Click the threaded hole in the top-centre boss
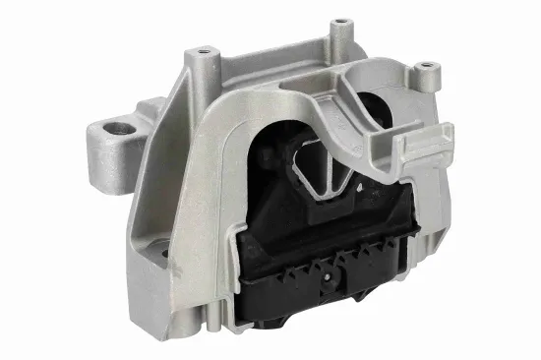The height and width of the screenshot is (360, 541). click(339, 21)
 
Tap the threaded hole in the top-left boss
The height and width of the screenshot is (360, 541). click(204, 50)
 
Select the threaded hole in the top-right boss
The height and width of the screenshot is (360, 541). click(425, 66)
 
